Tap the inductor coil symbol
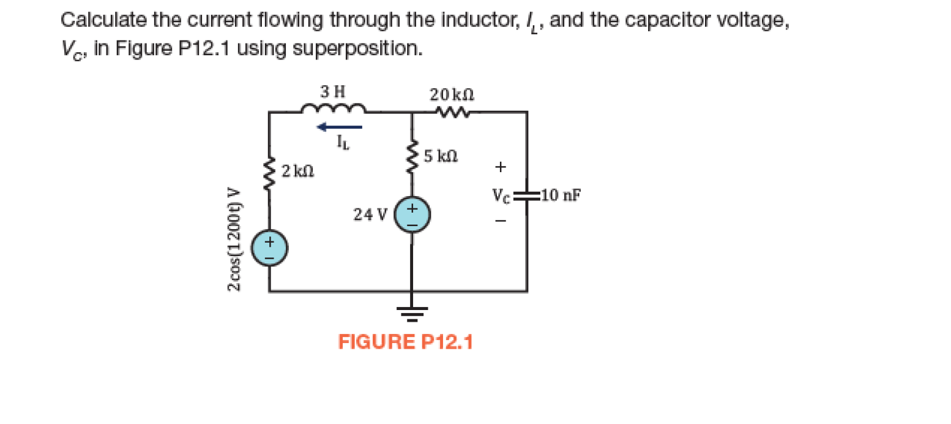[334, 110]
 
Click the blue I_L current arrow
[339, 127]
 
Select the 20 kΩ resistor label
[452, 95]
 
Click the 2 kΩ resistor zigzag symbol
[269, 175]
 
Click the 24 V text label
[370, 214]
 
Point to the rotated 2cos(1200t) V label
[233, 238]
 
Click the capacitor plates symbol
[526, 197]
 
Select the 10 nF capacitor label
[561, 196]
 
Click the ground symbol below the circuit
[412, 313]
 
